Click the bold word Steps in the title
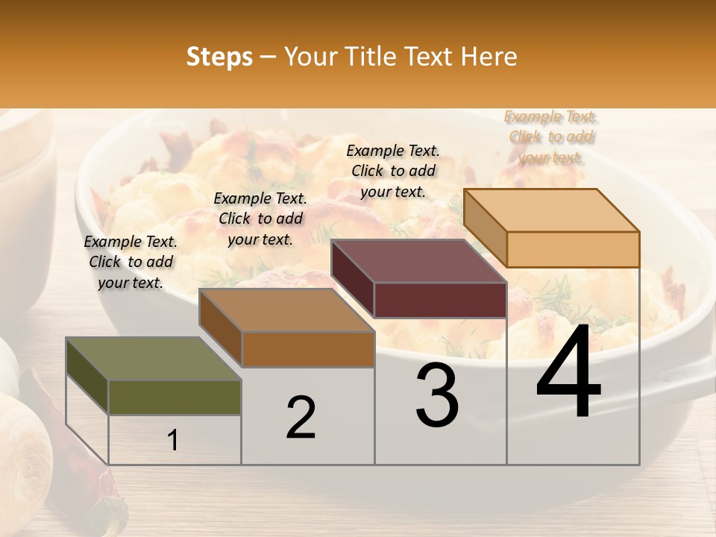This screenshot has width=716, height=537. click(x=219, y=57)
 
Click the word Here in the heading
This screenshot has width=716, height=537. click(x=489, y=57)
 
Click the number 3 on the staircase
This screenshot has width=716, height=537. click(x=437, y=396)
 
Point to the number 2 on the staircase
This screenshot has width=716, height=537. click(x=301, y=418)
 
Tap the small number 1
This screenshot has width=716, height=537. click(x=173, y=441)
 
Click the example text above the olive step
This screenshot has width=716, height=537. click(x=131, y=262)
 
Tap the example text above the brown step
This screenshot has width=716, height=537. click(x=260, y=219)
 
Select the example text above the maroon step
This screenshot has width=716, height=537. click(x=393, y=171)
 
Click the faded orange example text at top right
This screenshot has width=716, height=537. click(x=551, y=136)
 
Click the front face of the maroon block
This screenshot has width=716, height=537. click(x=440, y=301)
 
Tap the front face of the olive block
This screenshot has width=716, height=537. click(x=175, y=398)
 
